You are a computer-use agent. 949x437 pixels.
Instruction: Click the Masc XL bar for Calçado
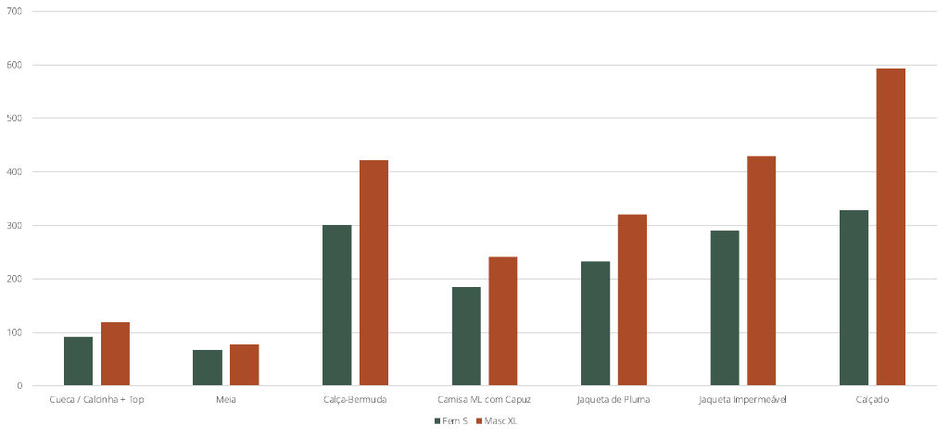(x=891, y=227)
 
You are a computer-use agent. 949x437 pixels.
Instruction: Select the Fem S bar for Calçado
(x=854, y=298)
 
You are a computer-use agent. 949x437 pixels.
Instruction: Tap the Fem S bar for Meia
(x=208, y=368)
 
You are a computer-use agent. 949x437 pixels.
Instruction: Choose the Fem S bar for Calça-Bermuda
(x=336, y=306)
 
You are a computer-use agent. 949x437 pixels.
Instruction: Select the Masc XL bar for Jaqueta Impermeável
(x=761, y=271)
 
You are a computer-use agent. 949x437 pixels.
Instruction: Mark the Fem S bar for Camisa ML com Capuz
(x=466, y=336)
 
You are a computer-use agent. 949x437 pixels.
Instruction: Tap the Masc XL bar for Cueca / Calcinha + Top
(x=115, y=354)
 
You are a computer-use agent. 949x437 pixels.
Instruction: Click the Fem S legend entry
(x=450, y=420)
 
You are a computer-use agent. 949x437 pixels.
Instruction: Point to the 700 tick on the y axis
(x=15, y=12)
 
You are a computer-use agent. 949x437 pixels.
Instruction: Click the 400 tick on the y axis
(x=15, y=172)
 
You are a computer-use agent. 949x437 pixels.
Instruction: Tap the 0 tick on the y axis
(x=19, y=386)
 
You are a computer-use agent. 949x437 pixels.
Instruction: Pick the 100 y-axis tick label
(x=15, y=332)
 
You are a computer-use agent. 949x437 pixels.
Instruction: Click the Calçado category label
(x=872, y=400)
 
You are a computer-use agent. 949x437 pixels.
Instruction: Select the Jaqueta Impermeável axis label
(x=742, y=400)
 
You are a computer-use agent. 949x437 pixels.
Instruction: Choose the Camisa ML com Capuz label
(x=484, y=400)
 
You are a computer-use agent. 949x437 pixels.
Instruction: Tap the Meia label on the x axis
(x=226, y=400)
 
